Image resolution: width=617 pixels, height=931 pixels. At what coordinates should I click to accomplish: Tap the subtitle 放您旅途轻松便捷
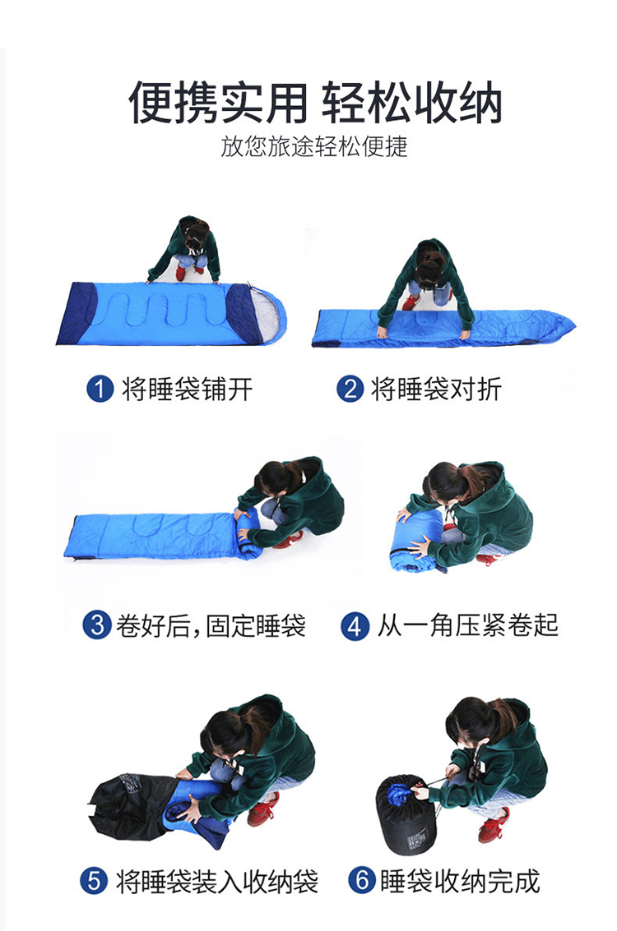(x=314, y=146)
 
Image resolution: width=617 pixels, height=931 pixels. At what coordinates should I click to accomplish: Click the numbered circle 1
(x=100, y=389)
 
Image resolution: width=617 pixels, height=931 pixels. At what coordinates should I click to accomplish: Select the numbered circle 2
(x=350, y=389)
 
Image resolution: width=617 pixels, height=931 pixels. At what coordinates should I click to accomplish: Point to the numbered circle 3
(x=97, y=625)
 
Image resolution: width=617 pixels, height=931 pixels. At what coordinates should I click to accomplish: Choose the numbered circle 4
(x=355, y=626)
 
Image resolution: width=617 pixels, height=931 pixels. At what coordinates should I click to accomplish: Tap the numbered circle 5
(x=94, y=881)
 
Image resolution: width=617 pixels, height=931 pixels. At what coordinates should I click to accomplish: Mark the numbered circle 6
(x=362, y=880)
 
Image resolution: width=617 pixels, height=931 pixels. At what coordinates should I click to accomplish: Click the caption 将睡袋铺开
(x=188, y=389)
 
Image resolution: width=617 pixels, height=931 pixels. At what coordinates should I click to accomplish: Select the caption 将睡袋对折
(x=436, y=389)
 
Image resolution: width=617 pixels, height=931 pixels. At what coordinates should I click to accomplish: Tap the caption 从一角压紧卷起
(x=468, y=626)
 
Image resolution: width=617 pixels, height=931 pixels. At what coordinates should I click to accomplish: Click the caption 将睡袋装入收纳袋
(x=217, y=881)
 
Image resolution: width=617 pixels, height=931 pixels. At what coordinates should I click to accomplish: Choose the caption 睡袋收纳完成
(x=460, y=881)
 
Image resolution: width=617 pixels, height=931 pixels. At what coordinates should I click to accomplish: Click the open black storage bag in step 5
(x=131, y=805)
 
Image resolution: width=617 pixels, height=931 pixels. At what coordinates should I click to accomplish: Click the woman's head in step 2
(x=429, y=265)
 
